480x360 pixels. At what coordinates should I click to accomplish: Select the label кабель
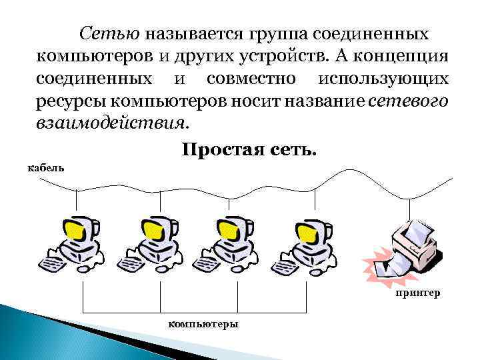coord(46,166)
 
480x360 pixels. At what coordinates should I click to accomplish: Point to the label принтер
coord(417,292)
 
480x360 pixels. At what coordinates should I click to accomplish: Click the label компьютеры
coord(203,323)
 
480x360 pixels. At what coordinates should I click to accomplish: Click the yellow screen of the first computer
coord(76,232)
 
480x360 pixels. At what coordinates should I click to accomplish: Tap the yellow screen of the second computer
coord(151,232)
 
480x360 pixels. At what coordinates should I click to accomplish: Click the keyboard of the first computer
coord(53,261)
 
